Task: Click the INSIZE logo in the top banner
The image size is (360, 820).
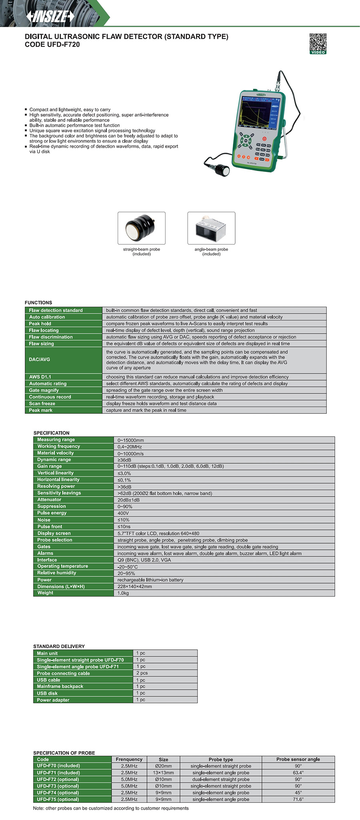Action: [50, 16]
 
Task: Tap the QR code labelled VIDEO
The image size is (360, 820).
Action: [318, 43]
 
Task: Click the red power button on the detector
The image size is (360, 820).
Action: [264, 138]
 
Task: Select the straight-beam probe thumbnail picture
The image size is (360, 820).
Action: [141, 228]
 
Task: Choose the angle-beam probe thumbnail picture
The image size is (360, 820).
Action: [211, 228]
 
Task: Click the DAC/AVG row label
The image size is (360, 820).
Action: [40, 359]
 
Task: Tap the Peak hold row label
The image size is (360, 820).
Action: [40, 323]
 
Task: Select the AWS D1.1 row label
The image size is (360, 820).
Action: [40, 377]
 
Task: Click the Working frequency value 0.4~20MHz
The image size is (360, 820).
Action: [130, 447]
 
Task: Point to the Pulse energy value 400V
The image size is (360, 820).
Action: [123, 513]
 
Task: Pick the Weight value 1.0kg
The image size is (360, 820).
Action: [123, 593]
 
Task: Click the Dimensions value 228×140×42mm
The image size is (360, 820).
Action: [134, 587]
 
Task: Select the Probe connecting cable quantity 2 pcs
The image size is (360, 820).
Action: [142, 673]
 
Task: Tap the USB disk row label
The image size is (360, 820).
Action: [47, 693]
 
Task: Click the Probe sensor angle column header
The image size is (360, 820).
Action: [298, 759]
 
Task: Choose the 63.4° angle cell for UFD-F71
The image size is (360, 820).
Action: [298, 773]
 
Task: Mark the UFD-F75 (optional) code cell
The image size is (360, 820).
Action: [58, 799]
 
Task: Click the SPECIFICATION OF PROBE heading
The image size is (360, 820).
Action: [64, 753]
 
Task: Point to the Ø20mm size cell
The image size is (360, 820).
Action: [163, 766]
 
